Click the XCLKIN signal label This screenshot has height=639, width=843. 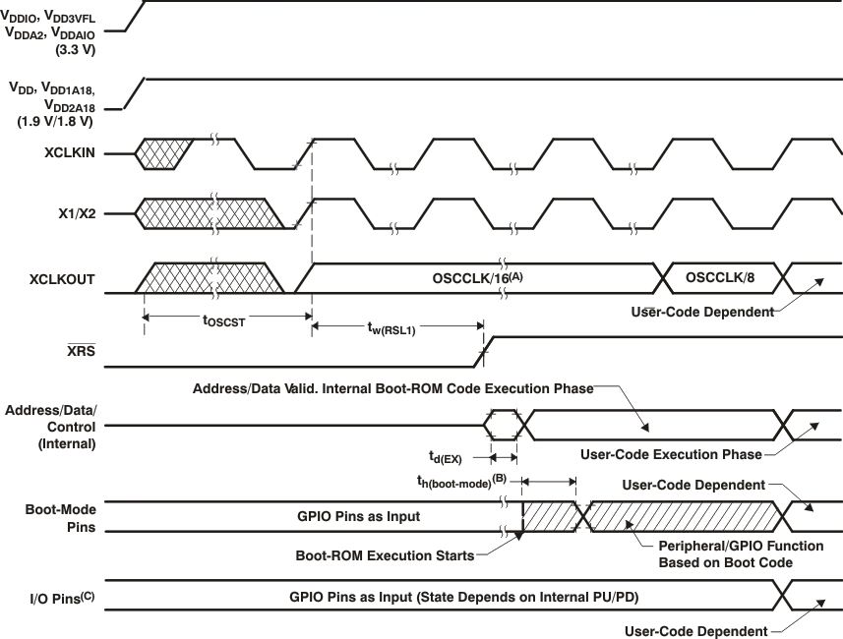[x=70, y=154]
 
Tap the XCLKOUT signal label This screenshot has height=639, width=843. [x=64, y=279]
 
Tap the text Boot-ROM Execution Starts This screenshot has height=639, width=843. [x=385, y=554]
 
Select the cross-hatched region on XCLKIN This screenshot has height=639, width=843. [x=165, y=154]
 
